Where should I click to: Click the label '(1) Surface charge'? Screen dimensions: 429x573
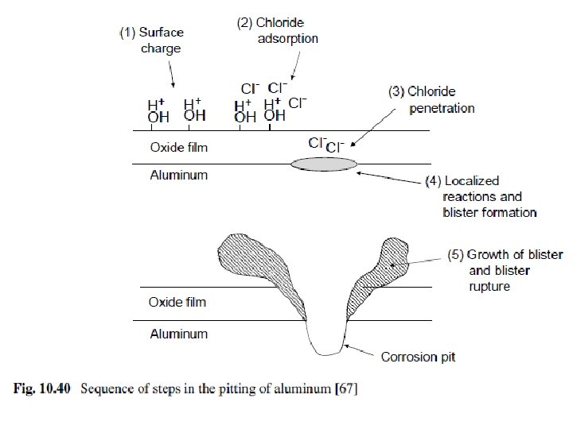pyautogui.click(x=152, y=41)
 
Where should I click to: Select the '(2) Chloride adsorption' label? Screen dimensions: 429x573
pyautogui.click(x=278, y=30)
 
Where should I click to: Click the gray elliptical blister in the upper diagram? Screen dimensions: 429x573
pyautogui.click(x=324, y=164)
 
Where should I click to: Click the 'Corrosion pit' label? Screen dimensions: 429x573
pyautogui.click(x=418, y=357)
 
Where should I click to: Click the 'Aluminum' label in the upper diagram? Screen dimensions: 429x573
pyautogui.click(x=178, y=175)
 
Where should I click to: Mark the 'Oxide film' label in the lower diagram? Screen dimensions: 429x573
pyautogui.click(x=177, y=302)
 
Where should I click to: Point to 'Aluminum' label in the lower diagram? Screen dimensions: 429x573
pyautogui.click(x=178, y=334)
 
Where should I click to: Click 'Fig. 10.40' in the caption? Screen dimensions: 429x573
pyautogui.click(x=43, y=389)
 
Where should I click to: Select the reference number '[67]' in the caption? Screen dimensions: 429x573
pyautogui.click(x=347, y=389)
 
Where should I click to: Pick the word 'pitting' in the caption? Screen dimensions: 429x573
pyautogui.click(x=246, y=389)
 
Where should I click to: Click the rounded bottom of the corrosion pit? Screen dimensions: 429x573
pyautogui.click(x=325, y=350)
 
